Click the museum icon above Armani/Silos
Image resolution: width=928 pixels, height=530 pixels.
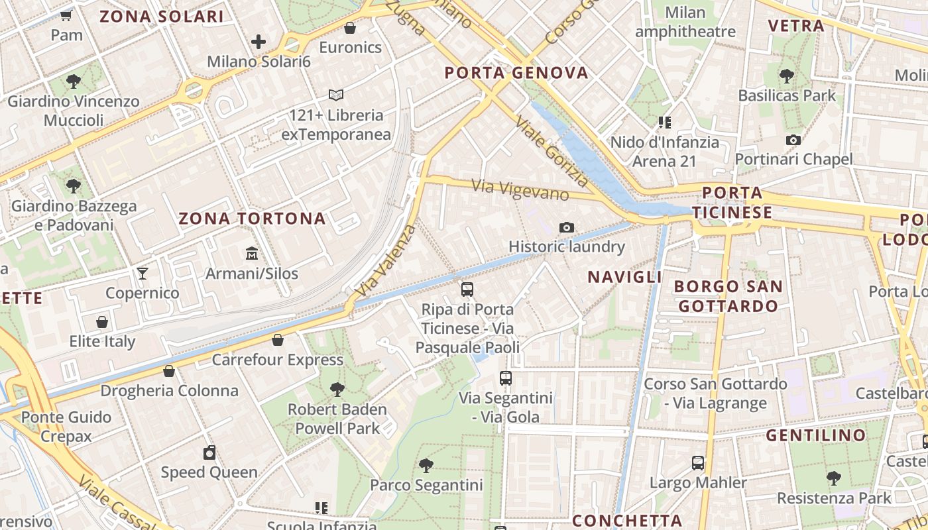pos(252,254)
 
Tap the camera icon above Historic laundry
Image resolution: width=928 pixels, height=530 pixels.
pos(566,228)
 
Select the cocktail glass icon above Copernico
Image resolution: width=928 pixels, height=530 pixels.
pos(142,273)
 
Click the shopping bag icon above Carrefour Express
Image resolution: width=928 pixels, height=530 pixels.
pos(278,340)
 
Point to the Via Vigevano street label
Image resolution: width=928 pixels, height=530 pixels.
pos(520,189)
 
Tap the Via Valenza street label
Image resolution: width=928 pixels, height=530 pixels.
pos(386,261)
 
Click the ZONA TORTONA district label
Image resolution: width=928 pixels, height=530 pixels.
pos(253,218)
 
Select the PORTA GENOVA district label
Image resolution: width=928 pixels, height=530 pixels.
pos(516,72)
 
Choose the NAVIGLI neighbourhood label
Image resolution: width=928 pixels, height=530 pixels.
pos(624,277)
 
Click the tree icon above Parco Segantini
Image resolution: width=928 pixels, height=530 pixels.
pos(426,465)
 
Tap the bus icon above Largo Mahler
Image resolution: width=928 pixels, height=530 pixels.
pos(698,462)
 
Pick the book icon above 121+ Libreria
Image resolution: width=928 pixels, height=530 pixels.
pos(336,95)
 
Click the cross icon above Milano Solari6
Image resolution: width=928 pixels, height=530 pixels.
pos(259,42)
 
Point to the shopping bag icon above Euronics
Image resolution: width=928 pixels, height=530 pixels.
pos(350,28)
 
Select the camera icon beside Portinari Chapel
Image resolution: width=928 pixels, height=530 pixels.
pos(793,140)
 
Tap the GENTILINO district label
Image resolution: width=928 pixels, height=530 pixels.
pos(816,435)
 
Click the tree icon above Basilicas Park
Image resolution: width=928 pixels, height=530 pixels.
pos(787,76)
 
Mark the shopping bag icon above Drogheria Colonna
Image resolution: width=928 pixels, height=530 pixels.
pos(169,371)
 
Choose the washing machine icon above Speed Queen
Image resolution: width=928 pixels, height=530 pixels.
pos(209,452)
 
